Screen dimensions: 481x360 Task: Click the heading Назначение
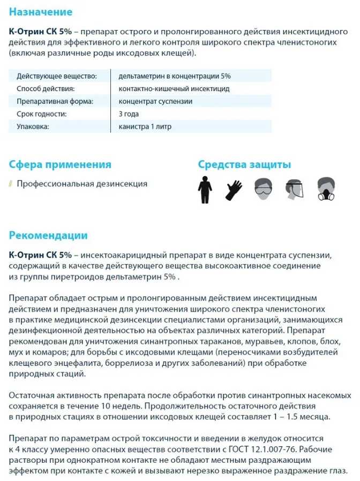tap(41, 12)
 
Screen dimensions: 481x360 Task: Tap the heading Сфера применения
tap(61, 164)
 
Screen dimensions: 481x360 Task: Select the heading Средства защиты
tap(244, 164)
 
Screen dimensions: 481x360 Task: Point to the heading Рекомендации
tap(48, 235)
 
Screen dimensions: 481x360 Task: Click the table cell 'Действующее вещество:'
tap(56, 77)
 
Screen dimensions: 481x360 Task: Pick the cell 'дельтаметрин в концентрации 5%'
tap(175, 77)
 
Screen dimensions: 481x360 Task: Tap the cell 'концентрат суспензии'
tap(155, 101)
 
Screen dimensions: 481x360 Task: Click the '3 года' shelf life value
tap(129, 114)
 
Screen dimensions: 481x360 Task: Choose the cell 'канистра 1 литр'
tap(145, 127)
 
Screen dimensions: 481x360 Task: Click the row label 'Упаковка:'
tap(33, 127)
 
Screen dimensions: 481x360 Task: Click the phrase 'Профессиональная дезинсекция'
tap(82, 184)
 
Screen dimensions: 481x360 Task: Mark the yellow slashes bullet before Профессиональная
tap(11, 184)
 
